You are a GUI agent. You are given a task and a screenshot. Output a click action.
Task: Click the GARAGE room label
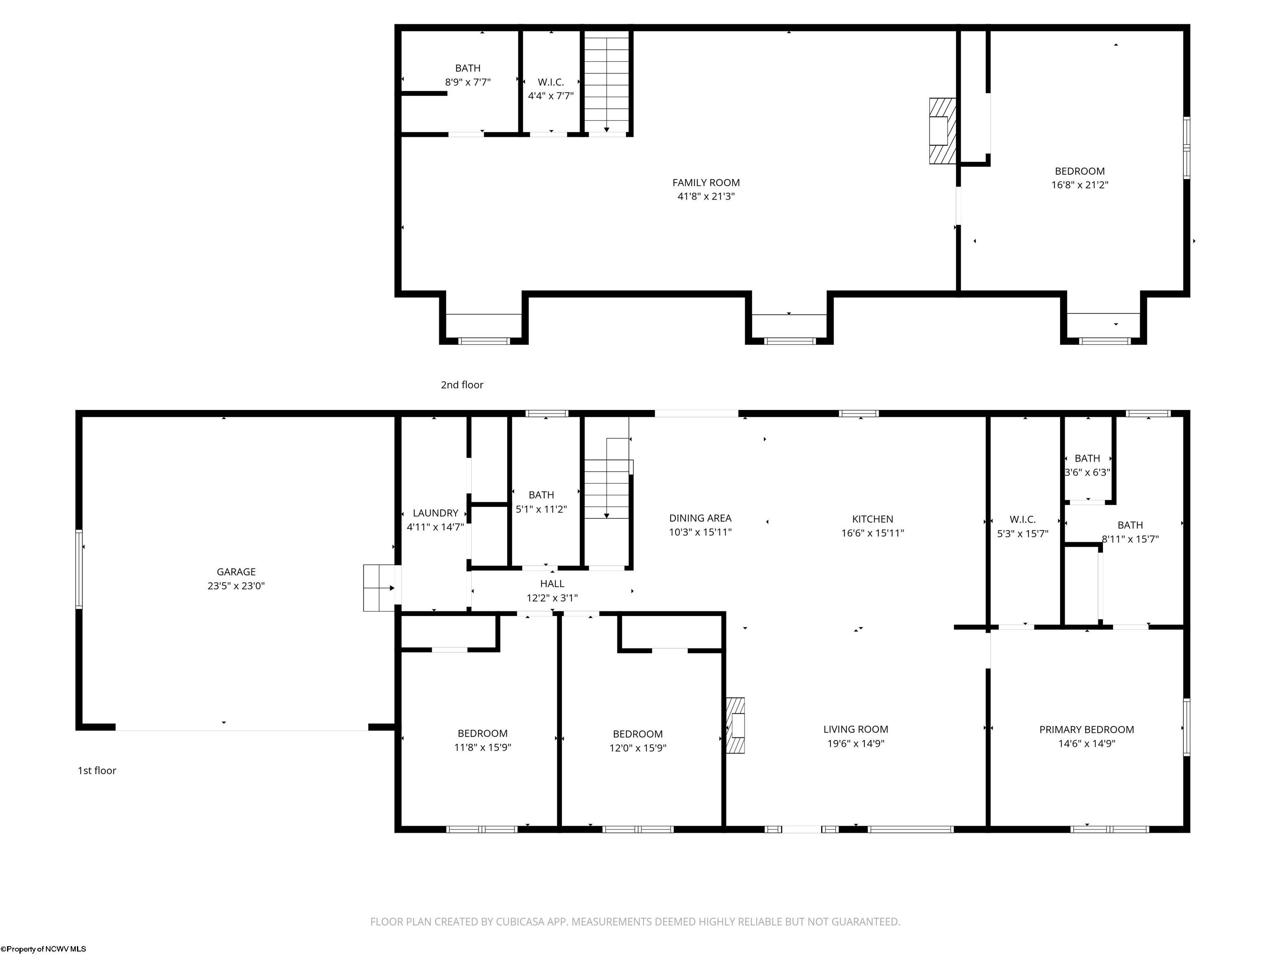pyautogui.click(x=236, y=571)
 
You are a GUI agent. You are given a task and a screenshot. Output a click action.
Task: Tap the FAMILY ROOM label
pyautogui.click(x=706, y=182)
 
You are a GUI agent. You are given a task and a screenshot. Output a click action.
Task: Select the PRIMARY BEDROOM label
pyautogui.click(x=1086, y=729)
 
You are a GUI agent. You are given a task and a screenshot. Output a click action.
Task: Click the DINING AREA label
pyautogui.click(x=700, y=518)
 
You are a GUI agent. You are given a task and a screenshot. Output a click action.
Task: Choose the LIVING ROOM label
pyautogui.click(x=856, y=729)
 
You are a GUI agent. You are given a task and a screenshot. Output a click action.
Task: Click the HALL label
pyautogui.click(x=552, y=584)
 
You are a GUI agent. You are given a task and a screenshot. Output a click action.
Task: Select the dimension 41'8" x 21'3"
pyautogui.click(x=706, y=197)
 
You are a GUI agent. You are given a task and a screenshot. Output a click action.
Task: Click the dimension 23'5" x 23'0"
pyautogui.click(x=236, y=586)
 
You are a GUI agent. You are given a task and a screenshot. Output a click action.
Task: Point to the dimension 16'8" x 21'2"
pyautogui.click(x=1080, y=185)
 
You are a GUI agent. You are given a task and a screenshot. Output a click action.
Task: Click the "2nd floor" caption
pyautogui.click(x=462, y=385)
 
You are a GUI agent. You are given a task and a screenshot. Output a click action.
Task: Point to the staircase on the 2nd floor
pyautogui.click(x=607, y=82)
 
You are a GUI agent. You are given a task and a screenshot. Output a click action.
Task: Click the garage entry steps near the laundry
pyautogui.click(x=380, y=588)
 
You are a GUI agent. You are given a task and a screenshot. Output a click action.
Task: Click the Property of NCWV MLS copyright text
pyautogui.click(x=44, y=949)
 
